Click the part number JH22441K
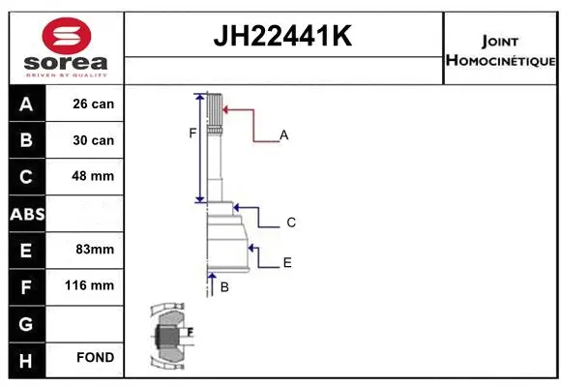click(281, 38)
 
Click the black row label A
click(25, 104)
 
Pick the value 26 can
click(94, 104)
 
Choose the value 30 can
click(94, 140)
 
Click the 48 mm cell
click(94, 176)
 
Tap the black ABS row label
click(25, 214)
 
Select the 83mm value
click(94, 250)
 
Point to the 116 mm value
click(94, 285)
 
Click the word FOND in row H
click(94, 358)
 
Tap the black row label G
click(25, 322)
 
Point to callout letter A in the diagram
click(284, 135)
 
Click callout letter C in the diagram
click(290, 223)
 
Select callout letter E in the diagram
click(287, 262)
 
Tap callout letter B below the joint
click(224, 287)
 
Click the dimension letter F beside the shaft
click(192, 133)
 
